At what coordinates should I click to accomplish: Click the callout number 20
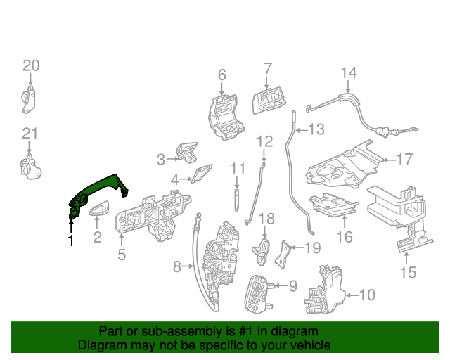[31, 66]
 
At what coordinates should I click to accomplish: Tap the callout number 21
[29, 134]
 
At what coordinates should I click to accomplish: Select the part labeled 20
[29, 99]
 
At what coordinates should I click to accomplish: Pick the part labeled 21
[30, 167]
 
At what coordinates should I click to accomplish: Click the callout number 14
[349, 72]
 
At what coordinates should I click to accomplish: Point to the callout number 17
[404, 160]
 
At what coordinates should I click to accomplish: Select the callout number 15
[408, 271]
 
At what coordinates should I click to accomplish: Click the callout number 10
[367, 295]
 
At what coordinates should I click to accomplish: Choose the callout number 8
[177, 266]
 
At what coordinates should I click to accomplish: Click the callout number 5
[122, 255]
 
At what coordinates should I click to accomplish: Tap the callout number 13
[316, 129]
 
